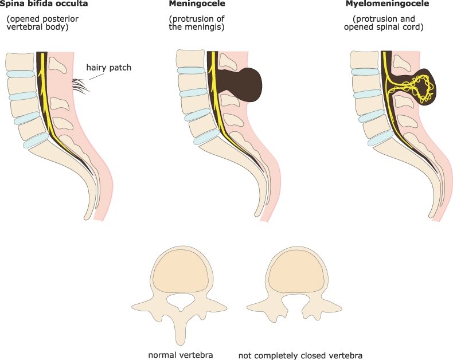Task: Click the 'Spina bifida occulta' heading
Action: click(44, 4)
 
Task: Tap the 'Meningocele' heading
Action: click(197, 4)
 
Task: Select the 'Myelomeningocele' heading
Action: click(388, 4)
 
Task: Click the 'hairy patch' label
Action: click(108, 68)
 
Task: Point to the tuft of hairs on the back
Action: click(80, 85)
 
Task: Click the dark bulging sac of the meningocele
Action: click(248, 84)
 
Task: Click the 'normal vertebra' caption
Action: click(181, 355)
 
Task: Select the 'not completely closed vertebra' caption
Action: click(300, 355)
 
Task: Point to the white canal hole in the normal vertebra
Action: click(180, 302)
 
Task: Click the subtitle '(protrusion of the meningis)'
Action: click(197, 23)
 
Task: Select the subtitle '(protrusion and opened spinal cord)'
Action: click(384, 23)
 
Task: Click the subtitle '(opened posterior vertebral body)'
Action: click(43, 23)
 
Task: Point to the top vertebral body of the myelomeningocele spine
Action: click(366, 60)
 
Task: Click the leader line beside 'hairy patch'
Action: click(96, 76)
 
